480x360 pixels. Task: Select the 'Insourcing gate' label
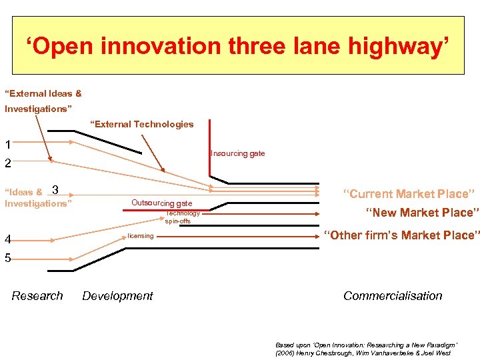click(238, 153)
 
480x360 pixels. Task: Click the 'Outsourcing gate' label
click(161, 203)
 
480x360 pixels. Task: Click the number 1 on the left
click(7, 145)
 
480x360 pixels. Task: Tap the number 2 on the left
click(7, 163)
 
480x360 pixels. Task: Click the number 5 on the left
click(7, 258)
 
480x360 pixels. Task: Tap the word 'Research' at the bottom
click(37, 296)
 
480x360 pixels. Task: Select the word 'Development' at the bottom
click(117, 296)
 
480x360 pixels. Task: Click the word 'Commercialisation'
click(393, 296)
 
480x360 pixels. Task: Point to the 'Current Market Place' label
click(409, 194)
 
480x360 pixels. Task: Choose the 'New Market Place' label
click(422, 213)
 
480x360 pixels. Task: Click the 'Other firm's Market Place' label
click(401, 235)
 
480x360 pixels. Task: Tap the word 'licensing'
click(141, 236)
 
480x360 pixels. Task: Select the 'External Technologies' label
click(142, 124)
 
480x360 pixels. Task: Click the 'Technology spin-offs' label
click(183, 217)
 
